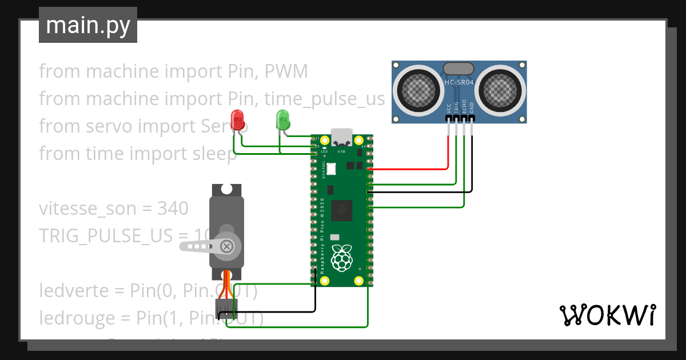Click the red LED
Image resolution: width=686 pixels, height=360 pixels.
point(237,119)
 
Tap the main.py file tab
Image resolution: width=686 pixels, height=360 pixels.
point(88,25)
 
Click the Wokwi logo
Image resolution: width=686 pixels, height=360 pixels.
point(607,315)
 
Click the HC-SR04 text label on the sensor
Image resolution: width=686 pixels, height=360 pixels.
point(458,83)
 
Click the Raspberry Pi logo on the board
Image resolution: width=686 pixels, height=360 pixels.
point(342,258)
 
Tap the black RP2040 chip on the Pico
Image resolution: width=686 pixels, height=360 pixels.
point(342,210)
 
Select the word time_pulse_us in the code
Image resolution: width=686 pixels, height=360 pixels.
point(324,99)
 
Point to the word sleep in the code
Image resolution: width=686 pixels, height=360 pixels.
point(212,154)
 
